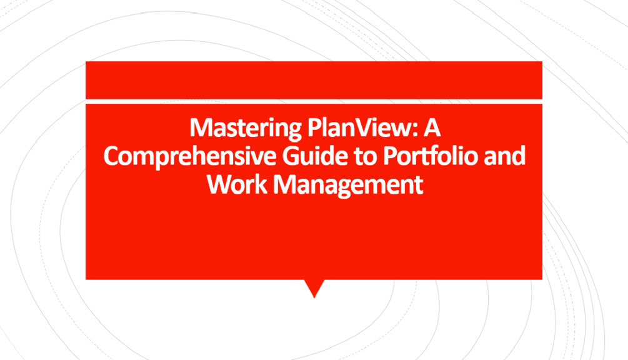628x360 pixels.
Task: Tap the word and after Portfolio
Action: [505, 156]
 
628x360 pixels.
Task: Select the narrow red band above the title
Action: [314, 79]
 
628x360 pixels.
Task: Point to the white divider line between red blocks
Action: [314, 101]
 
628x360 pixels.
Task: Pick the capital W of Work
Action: [219, 184]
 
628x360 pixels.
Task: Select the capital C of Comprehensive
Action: [112, 156]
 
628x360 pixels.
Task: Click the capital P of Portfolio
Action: [389, 156]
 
